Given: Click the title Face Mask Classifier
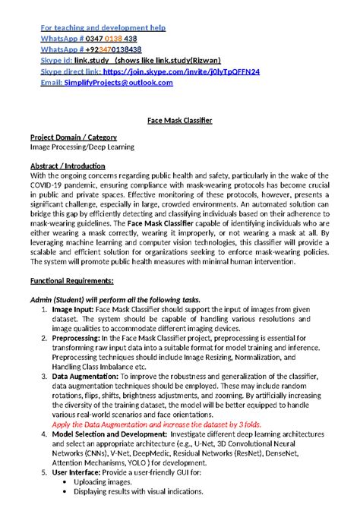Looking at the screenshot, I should tap(179, 120).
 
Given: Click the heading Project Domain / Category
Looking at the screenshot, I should tap(74, 137).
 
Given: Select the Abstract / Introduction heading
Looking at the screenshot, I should tap(68, 166).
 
